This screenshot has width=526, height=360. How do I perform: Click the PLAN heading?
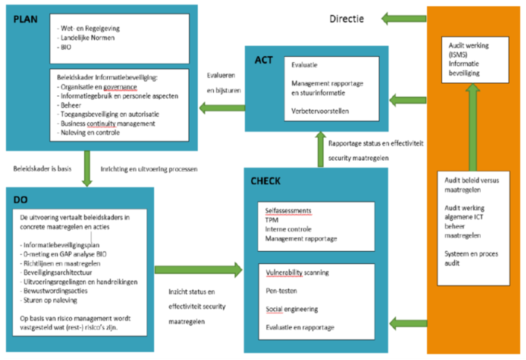26,19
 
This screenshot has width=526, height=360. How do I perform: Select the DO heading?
21,200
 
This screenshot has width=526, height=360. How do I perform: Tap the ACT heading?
264,60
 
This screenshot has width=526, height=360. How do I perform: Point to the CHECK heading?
265,181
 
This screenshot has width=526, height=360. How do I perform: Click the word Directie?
346,19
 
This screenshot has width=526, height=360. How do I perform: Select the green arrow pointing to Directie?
404,19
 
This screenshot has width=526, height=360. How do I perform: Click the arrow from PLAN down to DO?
87,168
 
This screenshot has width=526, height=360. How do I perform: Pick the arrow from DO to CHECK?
199,270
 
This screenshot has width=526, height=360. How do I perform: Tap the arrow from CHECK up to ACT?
321,149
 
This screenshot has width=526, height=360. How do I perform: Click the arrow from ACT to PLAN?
222,108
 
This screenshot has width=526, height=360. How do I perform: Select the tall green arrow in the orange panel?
473,127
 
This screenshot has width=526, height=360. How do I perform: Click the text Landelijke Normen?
88,38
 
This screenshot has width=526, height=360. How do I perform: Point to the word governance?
120,87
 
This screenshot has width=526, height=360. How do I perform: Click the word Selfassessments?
288,211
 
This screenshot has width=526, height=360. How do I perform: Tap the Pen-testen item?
282,291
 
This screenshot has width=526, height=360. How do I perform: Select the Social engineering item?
292,309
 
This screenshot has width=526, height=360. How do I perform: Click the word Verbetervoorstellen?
320,111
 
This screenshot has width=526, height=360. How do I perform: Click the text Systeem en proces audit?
471,258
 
